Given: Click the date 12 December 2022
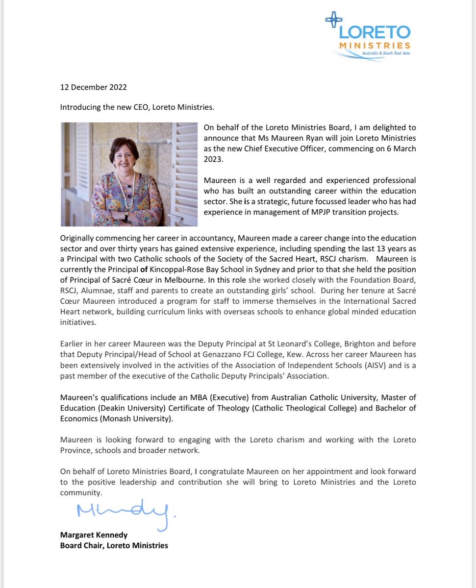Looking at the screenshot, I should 93,88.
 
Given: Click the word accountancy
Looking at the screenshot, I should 205,238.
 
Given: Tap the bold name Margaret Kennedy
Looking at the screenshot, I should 94,535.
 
